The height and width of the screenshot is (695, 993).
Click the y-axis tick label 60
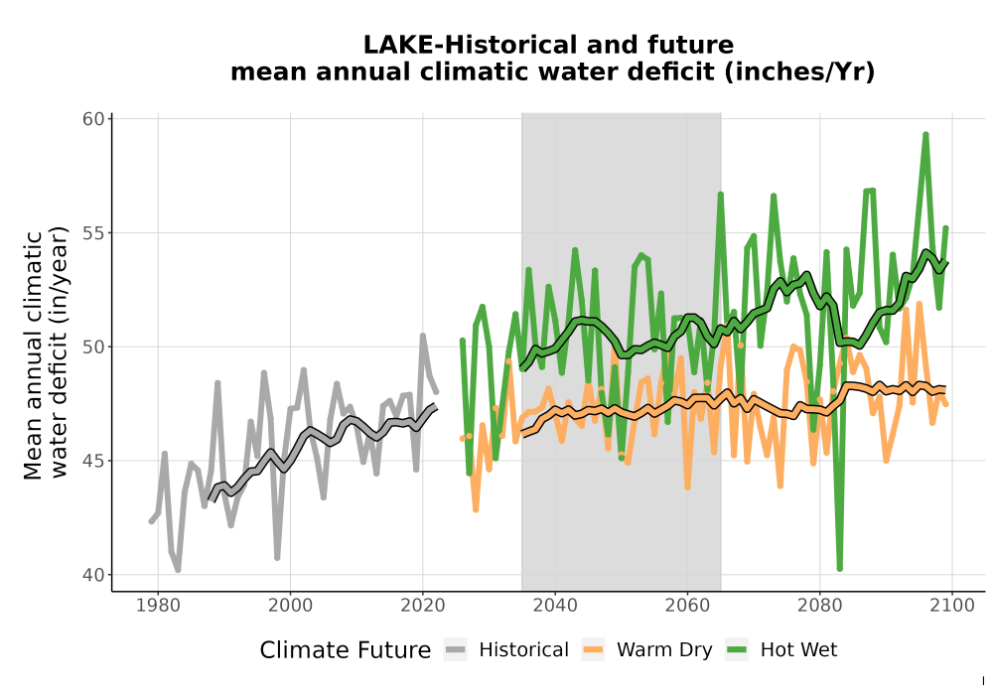coord(93,119)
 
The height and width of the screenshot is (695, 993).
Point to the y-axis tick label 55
coord(93,233)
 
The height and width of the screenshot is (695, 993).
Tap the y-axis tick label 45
coord(93,461)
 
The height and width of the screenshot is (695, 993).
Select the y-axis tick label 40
coord(93,575)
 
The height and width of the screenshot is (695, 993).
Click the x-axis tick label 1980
coord(158,606)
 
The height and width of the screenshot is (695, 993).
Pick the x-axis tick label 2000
coord(291,606)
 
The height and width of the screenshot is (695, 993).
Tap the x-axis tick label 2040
coord(555,606)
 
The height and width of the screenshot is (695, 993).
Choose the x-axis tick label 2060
coord(687,606)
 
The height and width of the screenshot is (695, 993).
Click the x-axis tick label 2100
coord(952,606)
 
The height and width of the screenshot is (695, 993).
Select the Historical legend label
coord(523,650)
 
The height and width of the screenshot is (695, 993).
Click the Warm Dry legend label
coord(664,650)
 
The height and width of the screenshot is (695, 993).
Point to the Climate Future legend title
coord(346,650)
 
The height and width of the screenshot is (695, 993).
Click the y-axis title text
coord(46,354)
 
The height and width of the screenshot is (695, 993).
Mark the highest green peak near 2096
coord(925,135)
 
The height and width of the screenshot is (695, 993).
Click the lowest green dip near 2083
coord(840,568)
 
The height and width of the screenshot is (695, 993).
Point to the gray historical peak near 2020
coord(423,336)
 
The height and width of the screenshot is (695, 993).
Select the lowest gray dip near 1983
coord(178,570)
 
